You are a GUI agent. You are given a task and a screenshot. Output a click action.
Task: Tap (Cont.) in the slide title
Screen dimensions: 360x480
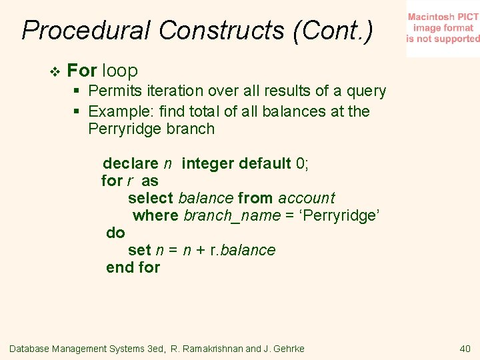pyautogui.click(x=333, y=31)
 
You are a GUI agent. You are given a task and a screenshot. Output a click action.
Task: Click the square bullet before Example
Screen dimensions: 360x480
pyautogui.click(x=78, y=111)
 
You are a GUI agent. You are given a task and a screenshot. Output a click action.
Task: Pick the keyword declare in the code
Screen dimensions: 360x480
pyautogui.click(x=130, y=163)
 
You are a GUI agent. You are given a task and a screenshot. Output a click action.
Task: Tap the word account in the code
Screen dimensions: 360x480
pyautogui.click(x=307, y=198)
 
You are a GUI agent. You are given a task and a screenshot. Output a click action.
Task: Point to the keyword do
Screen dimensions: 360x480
pyautogui.click(x=115, y=233)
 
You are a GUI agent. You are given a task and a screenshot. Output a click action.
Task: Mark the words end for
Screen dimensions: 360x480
pyautogui.click(x=133, y=267)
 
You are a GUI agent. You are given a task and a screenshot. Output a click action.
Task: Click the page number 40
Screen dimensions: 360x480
pyautogui.click(x=465, y=348)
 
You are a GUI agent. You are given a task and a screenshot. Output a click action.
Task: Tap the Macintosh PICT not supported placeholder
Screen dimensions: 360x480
pyautogui.click(x=443, y=28)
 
